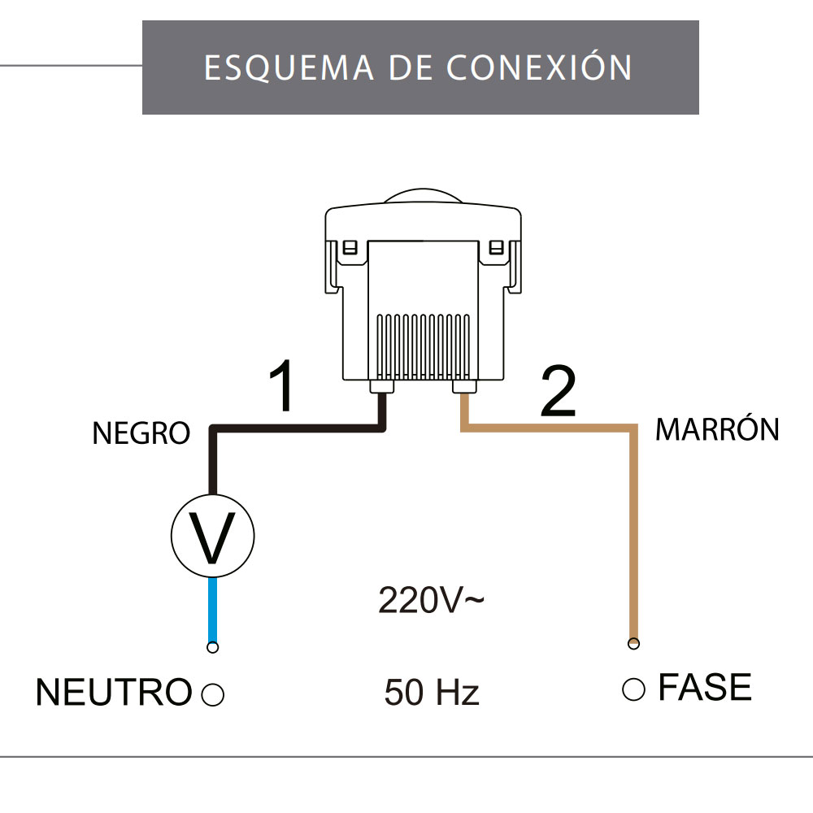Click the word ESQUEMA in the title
click(289, 67)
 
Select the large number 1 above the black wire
click(281, 388)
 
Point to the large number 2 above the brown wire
click(558, 393)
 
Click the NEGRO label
click(141, 433)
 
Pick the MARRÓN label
click(717, 429)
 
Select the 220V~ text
click(432, 601)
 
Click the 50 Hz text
click(432, 693)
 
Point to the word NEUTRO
click(113, 693)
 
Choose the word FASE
click(704, 688)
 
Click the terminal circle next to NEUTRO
click(212, 694)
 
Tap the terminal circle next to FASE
click(633, 689)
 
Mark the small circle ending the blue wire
click(212, 647)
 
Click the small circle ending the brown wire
click(633, 644)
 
